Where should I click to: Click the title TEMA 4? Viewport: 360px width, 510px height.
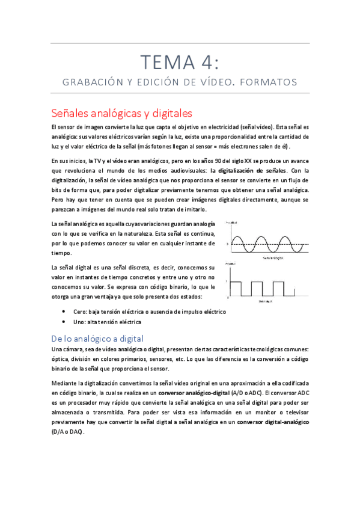click(x=180, y=62)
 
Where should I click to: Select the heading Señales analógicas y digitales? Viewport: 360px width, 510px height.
click(x=121, y=112)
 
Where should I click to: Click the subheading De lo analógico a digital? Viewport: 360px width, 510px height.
click(x=97, y=338)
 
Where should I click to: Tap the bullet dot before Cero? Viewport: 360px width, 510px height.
click(x=64, y=312)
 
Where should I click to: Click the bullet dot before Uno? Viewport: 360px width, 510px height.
click(x=64, y=322)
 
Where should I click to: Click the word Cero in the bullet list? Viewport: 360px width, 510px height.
click(x=80, y=312)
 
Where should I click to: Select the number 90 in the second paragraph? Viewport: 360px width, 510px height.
click(x=204, y=161)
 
